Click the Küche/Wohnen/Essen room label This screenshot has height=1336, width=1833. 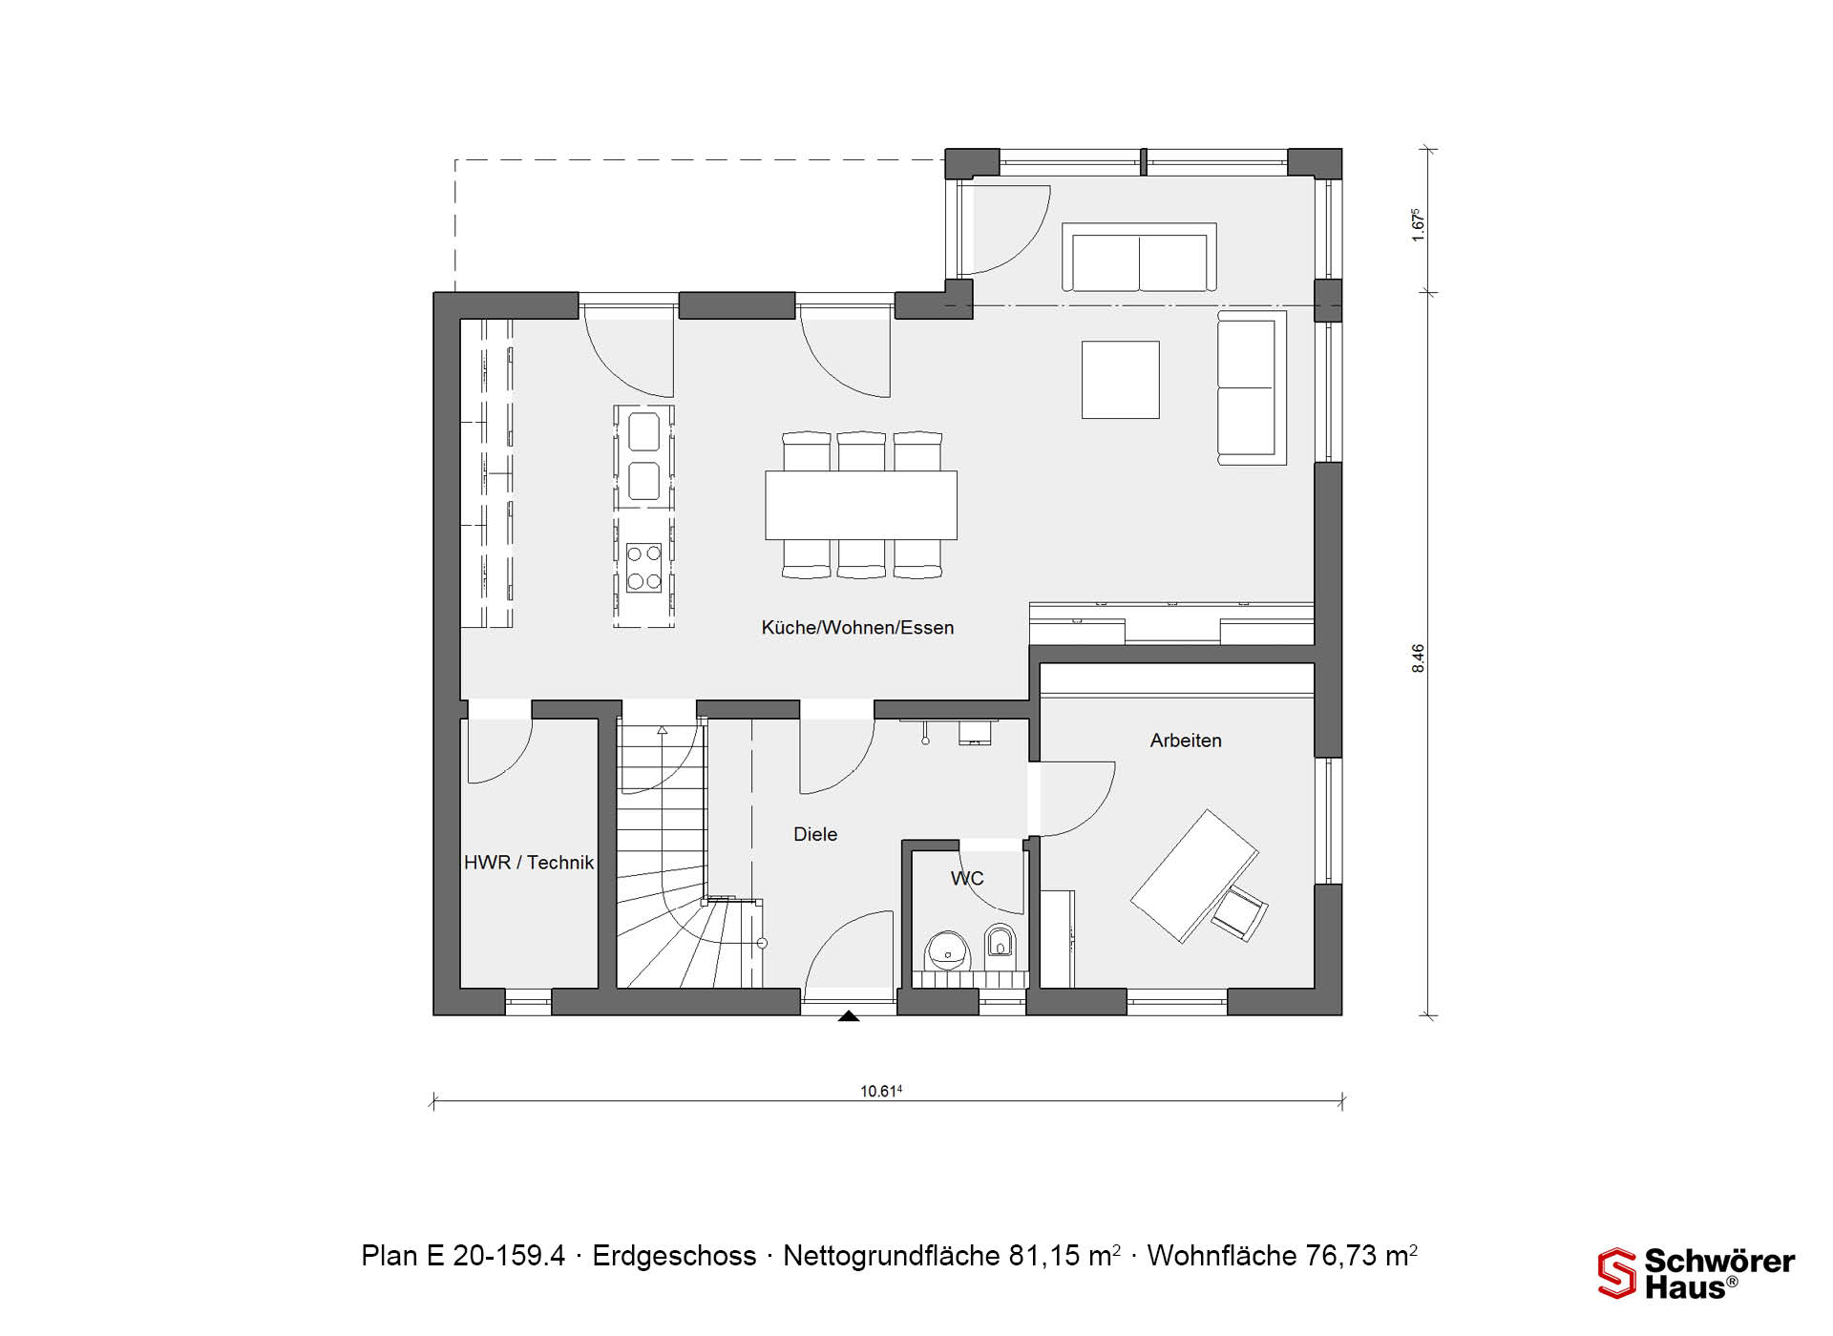(857, 628)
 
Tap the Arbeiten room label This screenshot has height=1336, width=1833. (1186, 741)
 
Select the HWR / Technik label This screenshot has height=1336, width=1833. (529, 863)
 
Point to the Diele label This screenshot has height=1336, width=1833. (815, 834)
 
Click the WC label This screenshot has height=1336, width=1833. (967, 879)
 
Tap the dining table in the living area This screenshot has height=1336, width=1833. (861, 505)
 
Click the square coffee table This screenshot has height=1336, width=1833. (1121, 380)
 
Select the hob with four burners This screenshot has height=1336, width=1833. (643, 567)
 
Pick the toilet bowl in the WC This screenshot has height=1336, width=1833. (1000, 943)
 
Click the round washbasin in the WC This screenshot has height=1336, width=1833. (947, 950)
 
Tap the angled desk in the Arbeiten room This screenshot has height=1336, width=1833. (1194, 876)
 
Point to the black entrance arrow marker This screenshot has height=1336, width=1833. (849, 1017)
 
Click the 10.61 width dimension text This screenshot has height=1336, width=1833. (881, 1091)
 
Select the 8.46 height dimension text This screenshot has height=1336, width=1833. (1418, 658)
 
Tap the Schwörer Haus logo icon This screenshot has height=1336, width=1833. (1617, 1274)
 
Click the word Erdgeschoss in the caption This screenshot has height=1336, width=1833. (674, 1256)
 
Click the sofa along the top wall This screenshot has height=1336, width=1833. (1140, 258)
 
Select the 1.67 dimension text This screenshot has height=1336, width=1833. (1418, 225)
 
